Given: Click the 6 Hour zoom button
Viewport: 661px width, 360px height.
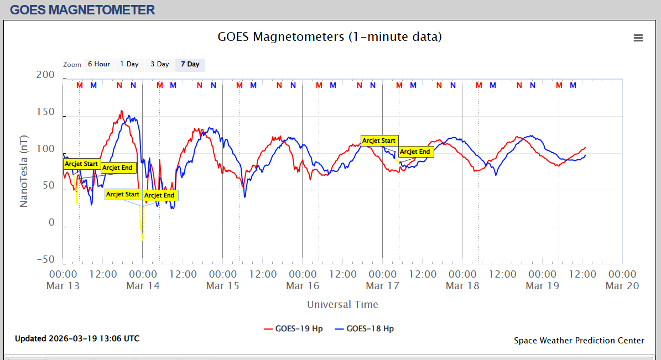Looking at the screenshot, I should click(x=98, y=64).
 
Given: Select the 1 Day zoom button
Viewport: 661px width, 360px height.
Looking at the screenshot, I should click(x=129, y=64).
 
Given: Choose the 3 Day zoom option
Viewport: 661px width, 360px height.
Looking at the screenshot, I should click(x=159, y=64).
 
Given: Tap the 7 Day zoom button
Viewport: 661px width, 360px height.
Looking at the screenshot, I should click(x=190, y=64).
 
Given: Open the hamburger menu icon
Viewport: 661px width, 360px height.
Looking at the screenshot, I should click(x=638, y=38).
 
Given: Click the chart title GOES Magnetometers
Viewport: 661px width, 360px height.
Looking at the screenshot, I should click(x=330, y=37).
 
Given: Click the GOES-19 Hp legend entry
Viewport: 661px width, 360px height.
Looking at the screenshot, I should click(x=293, y=328).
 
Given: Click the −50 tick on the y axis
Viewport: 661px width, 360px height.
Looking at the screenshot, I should click(x=45, y=260).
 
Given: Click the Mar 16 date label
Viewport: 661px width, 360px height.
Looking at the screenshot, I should click(x=303, y=286).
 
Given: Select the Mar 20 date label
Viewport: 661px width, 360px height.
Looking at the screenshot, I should click(x=622, y=286).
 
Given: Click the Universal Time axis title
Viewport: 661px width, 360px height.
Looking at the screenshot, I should click(x=342, y=304).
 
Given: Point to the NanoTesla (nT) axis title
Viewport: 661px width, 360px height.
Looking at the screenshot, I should click(x=24, y=171).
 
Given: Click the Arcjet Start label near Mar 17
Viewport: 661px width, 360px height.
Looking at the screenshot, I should click(x=379, y=140).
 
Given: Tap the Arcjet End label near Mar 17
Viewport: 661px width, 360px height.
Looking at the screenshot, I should click(x=415, y=152).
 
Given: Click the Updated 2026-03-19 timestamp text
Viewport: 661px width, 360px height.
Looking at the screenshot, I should click(x=77, y=338).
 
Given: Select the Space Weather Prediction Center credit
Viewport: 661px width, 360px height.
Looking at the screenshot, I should click(x=579, y=341).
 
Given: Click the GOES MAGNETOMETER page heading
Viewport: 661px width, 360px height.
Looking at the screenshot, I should click(x=82, y=9).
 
